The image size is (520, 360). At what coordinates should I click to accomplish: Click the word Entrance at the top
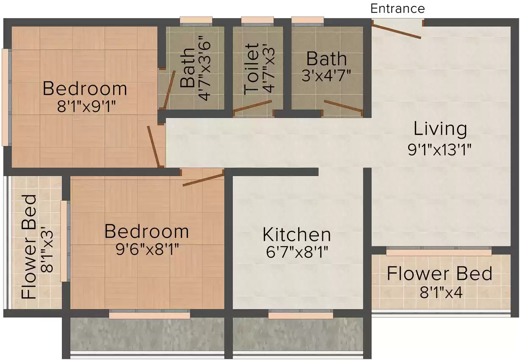coord(398,8)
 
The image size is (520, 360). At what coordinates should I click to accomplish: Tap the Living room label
coord(440,129)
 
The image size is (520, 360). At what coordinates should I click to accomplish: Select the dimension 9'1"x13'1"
coord(440,150)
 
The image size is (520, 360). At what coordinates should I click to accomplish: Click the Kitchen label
coord(297,235)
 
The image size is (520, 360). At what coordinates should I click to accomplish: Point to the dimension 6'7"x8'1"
coord(297,252)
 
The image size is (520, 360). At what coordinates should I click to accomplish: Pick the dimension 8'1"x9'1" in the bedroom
coord(86,107)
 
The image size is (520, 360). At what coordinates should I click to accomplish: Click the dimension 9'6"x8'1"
coord(147,249)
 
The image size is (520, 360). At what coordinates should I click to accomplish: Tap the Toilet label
coord(252,69)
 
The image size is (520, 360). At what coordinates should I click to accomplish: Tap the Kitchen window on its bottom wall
coord(301,314)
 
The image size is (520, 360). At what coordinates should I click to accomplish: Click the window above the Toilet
coord(257,21)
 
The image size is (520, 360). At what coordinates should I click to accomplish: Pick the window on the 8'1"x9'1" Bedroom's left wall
coord(7,97)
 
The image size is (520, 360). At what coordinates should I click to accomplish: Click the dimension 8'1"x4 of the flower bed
coord(441,292)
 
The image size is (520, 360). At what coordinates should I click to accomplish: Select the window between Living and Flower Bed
coord(439,251)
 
